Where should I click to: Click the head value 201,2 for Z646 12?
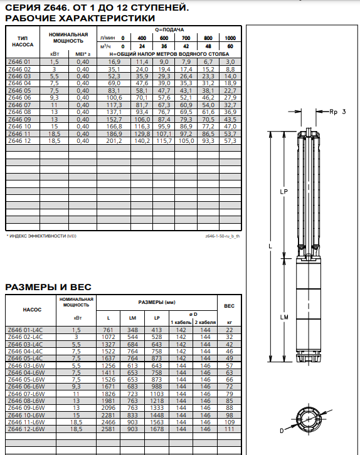114,141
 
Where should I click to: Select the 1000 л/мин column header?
230,38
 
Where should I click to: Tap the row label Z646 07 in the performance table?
19,105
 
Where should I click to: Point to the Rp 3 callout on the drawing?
337,112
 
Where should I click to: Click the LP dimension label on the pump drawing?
283,192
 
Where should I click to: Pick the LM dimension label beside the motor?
284,317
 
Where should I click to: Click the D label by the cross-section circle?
282,431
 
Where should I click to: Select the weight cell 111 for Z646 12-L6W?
230,429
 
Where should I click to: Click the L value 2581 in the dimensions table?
109,429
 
